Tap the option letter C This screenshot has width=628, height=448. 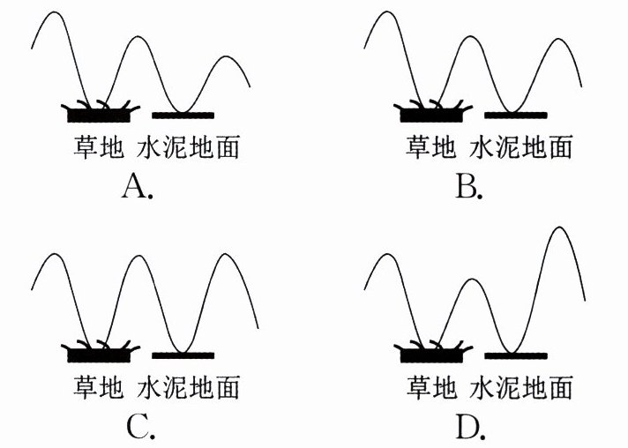(x=139, y=428)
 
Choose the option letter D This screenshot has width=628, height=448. (x=470, y=428)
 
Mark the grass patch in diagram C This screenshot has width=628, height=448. (x=99, y=355)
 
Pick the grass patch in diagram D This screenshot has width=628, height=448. (x=431, y=355)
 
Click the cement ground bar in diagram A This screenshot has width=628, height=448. (x=183, y=116)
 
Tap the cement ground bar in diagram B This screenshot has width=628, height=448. (x=516, y=116)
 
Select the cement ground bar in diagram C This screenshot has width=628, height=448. (x=183, y=355)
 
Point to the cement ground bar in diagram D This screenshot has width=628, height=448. (x=516, y=355)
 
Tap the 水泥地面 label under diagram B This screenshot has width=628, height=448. (x=521, y=146)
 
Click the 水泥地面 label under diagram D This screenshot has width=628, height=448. (x=521, y=387)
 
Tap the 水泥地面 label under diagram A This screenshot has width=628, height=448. (x=189, y=146)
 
